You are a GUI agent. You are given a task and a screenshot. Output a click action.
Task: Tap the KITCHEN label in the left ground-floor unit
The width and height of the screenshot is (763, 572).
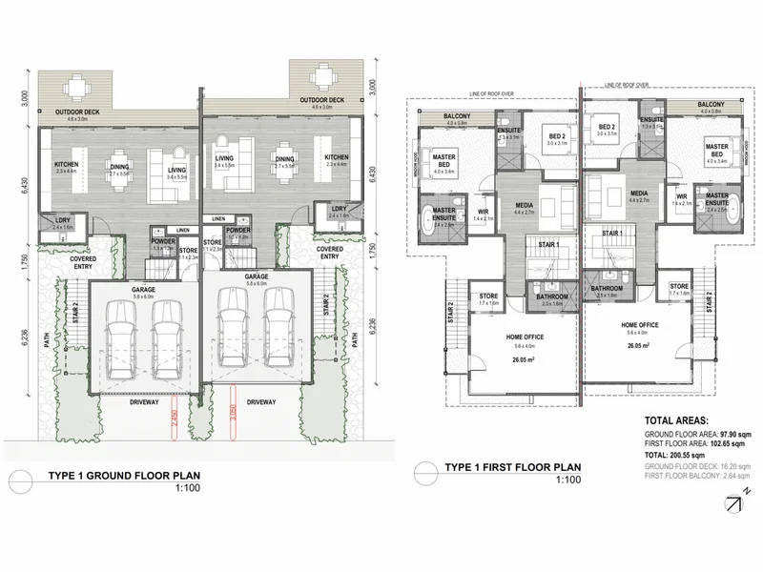pos(65,163)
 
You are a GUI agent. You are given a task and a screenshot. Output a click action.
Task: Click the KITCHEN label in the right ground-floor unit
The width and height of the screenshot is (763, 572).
pos(337,157)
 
